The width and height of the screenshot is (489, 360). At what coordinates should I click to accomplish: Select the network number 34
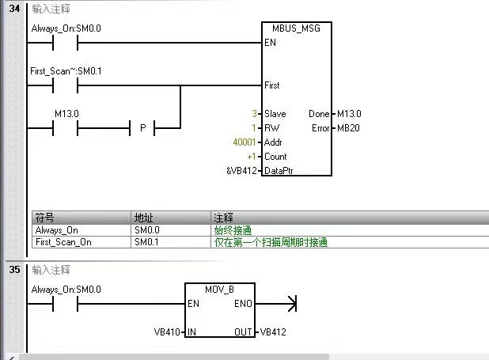coord(14,7)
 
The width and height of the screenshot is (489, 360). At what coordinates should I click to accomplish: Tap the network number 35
coord(14,269)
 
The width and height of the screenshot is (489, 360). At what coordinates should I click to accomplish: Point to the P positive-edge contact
coord(142,128)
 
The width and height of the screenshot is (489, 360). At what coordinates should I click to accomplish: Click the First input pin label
coord(272,85)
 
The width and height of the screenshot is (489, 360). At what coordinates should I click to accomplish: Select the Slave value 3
coord(255,114)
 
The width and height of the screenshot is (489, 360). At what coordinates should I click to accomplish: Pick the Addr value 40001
coord(244,142)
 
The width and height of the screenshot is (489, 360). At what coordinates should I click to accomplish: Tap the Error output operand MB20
coord(349,128)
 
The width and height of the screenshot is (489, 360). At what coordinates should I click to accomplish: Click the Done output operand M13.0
coord(349,114)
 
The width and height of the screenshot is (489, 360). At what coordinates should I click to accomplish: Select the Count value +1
coord(252,157)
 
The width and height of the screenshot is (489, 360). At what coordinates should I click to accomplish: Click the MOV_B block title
coord(220,290)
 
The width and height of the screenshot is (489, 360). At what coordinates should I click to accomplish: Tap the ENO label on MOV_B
coord(244,304)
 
